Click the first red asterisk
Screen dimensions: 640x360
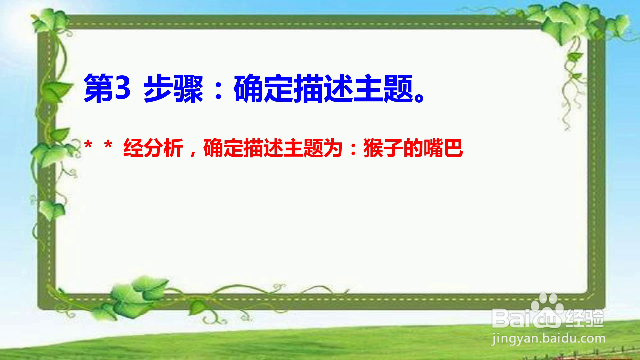coord(88,145)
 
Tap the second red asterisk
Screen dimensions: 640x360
coord(108,145)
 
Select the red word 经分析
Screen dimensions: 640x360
coord(153,148)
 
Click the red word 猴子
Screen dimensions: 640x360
coord(383,148)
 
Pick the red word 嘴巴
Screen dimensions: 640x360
coord(443,148)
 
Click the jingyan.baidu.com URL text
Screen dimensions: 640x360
coord(548,339)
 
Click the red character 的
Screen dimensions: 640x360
coord(413,148)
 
